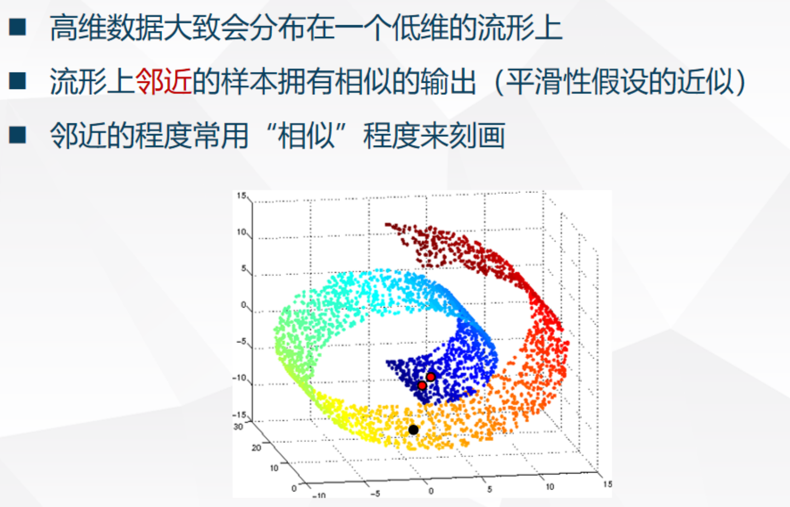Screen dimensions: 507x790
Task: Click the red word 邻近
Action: [x=164, y=81]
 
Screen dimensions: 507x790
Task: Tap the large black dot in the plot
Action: [x=413, y=430]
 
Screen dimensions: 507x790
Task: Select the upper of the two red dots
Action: [x=430, y=376]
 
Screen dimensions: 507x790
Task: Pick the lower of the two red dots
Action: [x=422, y=385]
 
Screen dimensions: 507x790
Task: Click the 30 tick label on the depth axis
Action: [x=238, y=427]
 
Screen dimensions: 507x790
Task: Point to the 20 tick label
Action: [x=256, y=447]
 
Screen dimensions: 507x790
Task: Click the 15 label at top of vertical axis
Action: [x=241, y=195]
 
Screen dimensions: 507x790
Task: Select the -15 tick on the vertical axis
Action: [x=240, y=415]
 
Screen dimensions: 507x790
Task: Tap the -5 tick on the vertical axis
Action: [x=241, y=342]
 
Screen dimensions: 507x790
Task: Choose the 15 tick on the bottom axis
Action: [x=608, y=484]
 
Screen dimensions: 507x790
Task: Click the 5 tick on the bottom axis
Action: [x=489, y=489]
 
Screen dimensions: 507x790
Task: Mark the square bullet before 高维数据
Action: [x=17, y=27]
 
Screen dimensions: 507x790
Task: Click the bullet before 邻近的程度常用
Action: [x=17, y=135]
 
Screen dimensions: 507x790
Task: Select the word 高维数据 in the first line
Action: [x=106, y=28]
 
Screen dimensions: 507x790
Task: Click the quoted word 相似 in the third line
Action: [x=306, y=135]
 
